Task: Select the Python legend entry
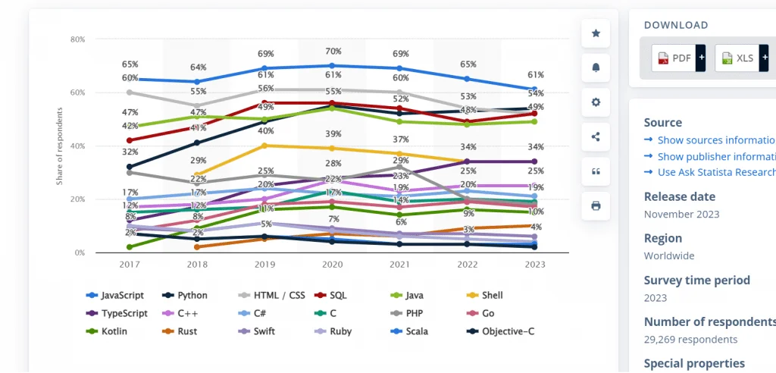click(x=190, y=295)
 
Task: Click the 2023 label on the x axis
click(x=534, y=265)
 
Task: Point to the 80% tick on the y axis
click(x=77, y=39)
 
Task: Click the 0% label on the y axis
click(x=80, y=252)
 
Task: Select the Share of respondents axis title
click(x=59, y=146)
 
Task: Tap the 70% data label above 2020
click(x=331, y=52)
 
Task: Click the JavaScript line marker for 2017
click(x=130, y=79)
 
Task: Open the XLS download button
click(x=739, y=58)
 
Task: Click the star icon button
click(x=596, y=33)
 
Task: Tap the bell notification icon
click(x=596, y=67)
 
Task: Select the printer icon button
click(x=596, y=205)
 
